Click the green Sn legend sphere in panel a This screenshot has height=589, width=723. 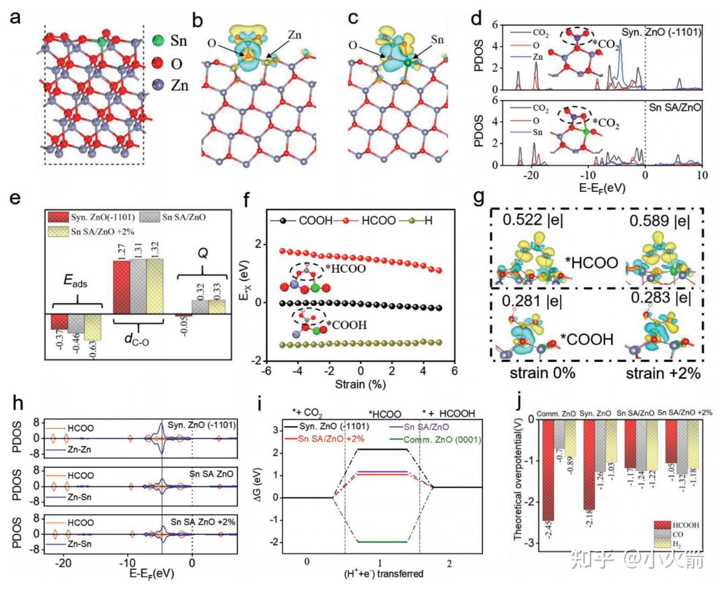[158, 40]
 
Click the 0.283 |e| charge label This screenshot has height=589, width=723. [660, 298]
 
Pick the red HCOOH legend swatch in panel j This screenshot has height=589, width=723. [662, 525]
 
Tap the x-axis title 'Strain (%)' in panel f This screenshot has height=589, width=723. [360, 385]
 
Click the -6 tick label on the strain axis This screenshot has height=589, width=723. [266, 371]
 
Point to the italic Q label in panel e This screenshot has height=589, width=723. [202, 253]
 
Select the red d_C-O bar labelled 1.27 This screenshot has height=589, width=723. [122, 287]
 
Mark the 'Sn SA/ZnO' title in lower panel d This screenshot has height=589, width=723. [675, 107]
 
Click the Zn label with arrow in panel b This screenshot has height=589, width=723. [294, 35]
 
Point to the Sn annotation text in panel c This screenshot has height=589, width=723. [437, 39]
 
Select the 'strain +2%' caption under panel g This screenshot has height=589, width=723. [663, 373]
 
